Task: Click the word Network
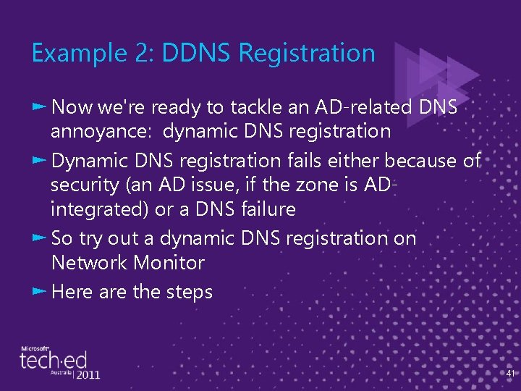89,262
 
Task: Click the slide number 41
510,374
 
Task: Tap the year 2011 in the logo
86,374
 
